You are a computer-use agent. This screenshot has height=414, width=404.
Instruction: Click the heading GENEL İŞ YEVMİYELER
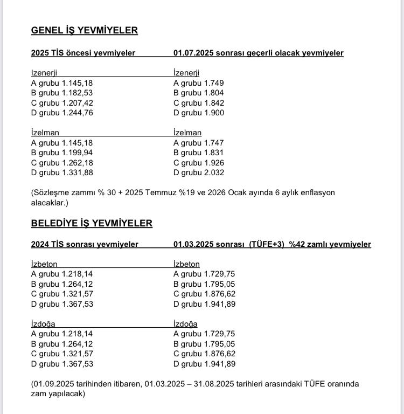(x=84, y=31)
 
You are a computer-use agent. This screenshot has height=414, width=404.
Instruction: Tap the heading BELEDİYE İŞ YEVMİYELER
(x=92, y=223)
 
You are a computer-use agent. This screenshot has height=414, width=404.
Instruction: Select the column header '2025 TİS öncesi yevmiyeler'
(x=83, y=53)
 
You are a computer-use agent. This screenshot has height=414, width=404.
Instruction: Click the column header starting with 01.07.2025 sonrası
(x=258, y=53)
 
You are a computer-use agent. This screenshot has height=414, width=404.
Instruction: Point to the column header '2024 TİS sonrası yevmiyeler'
(x=85, y=244)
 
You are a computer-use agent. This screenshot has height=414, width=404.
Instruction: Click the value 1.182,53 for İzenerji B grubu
(x=76, y=93)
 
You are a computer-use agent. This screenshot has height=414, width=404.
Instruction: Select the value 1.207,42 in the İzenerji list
(x=76, y=103)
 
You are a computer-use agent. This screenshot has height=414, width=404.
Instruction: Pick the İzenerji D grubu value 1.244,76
(x=76, y=113)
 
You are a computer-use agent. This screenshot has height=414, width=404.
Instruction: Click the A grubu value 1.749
(x=214, y=83)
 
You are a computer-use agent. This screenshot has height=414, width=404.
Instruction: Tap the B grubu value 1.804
(x=214, y=93)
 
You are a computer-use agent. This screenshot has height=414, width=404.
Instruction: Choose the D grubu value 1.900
(x=214, y=113)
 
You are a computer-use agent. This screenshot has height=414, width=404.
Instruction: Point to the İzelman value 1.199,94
(x=76, y=153)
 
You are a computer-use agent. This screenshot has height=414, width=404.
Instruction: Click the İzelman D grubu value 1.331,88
(x=76, y=172)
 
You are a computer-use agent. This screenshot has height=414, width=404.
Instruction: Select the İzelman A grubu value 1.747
(x=214, y=143)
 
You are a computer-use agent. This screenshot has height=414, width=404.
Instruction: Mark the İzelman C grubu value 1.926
(x=214, y=163)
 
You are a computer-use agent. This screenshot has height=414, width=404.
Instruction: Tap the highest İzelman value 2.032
(x=214, y=172)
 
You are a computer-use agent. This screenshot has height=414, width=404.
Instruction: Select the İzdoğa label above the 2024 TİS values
(x=43, y=324)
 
